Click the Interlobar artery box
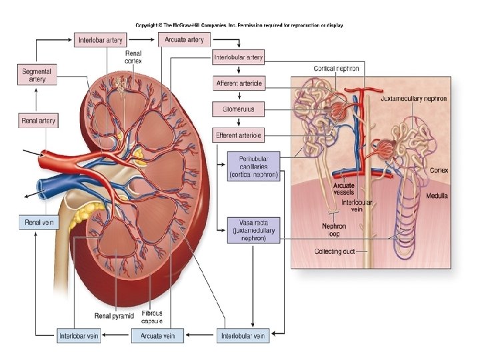pos(100,40)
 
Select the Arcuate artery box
pos(184,39)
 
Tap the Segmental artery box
pos(37,74)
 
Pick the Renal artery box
pos(37,121)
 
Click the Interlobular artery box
pos(238,57)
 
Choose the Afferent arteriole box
pos(238,83)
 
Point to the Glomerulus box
pos(238,109)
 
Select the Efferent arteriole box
pos(238,135)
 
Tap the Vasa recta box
pos(253,229)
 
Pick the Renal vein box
pos(37,223)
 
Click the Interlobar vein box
pos(79,335)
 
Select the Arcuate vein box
pos(157,335)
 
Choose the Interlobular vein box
pos(243,335)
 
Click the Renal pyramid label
pos(114,315)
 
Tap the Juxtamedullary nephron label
pos(413,99)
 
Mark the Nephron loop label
pos(333,230)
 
